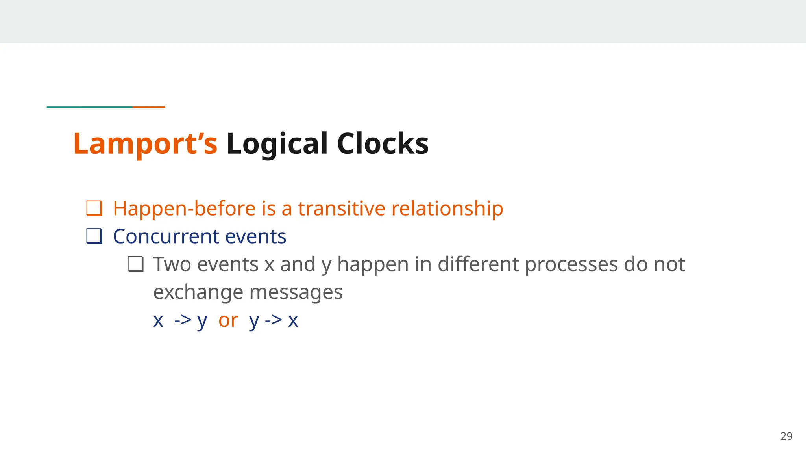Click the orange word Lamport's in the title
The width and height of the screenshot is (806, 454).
[x=145, y=143]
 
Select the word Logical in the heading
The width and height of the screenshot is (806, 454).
[x=277, y=143]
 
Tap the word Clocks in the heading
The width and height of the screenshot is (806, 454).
[x=383, y=143]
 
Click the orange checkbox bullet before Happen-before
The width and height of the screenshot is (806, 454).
[x=94, y=208]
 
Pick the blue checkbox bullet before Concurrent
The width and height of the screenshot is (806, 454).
[x=94, y=236]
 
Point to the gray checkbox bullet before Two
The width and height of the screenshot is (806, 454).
[x=135, y=264]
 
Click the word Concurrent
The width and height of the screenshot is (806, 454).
[x=166, y=236]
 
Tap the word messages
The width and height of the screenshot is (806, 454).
[x=296, y=292]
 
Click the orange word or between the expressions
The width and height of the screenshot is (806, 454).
[x=228, y=320]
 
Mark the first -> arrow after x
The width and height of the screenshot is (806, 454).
[x=183, y=320]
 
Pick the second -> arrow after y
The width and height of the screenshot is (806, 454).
[x=274, y=320]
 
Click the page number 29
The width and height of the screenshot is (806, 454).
[x=786, y=436]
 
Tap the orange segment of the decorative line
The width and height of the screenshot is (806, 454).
[x=149, y=107]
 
